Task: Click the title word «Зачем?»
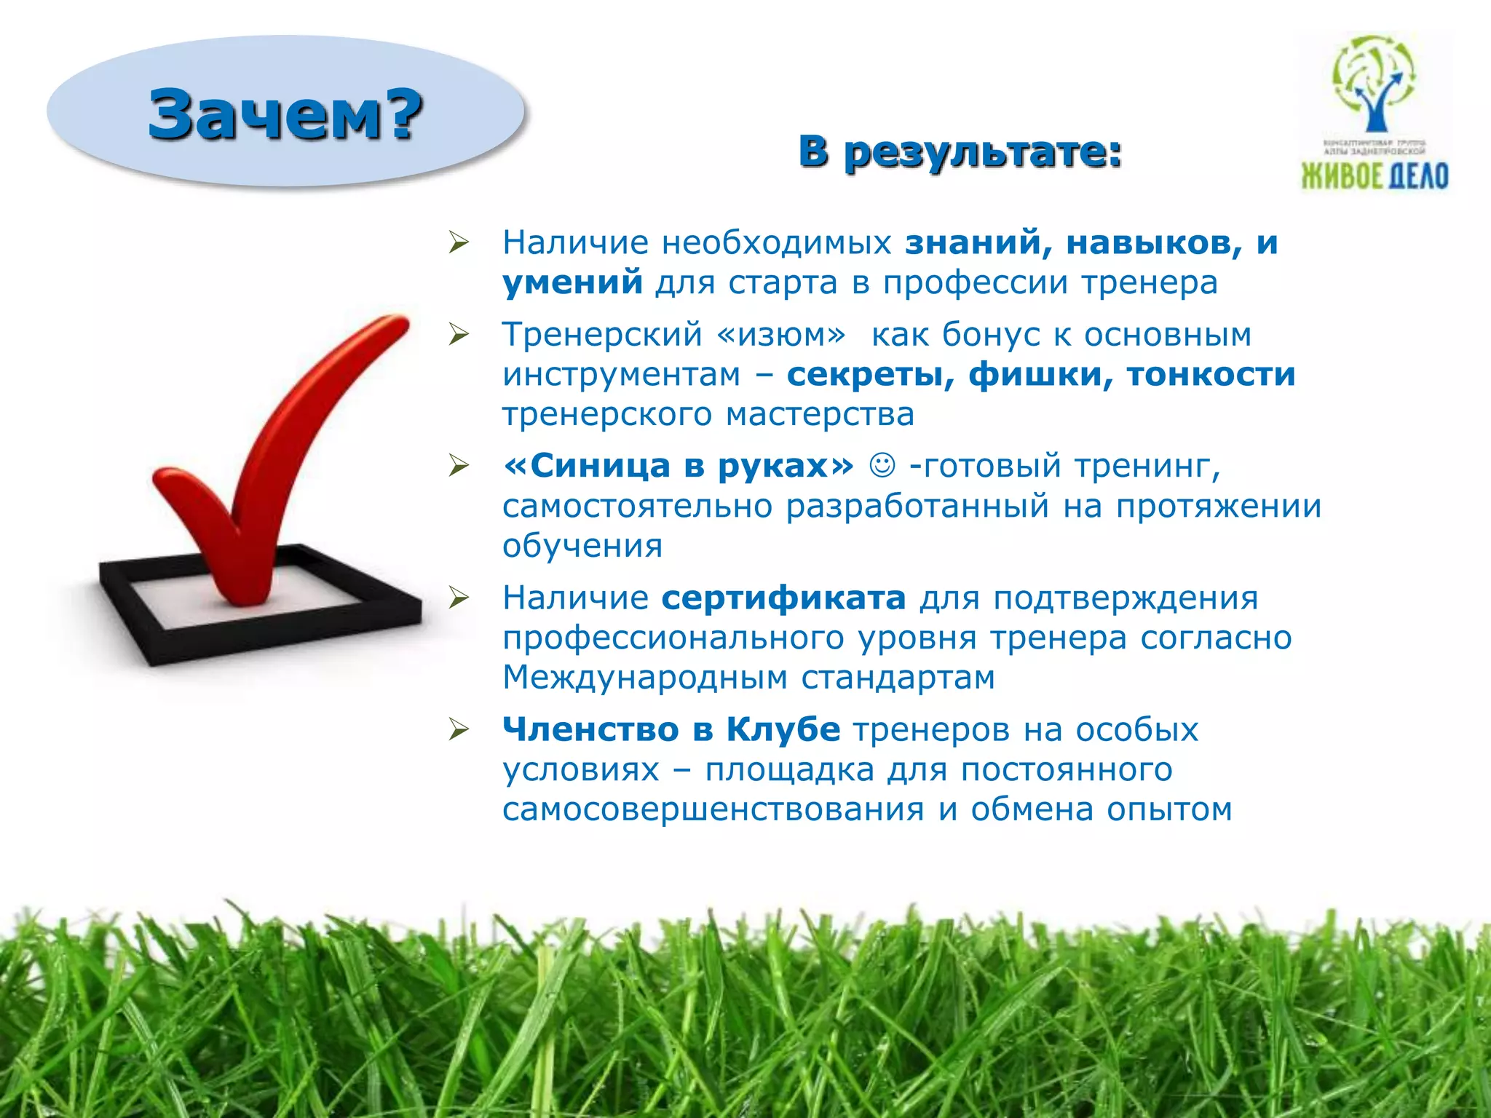(285, 114)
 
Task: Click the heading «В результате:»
(960, 152)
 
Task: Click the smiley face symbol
(882, 465)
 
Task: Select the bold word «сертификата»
(783, 598)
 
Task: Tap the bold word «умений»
(572, 282)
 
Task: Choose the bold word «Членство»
(590, 729)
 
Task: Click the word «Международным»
(645, 678)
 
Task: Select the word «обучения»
(582, 546)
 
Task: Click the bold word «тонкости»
(1211, 375)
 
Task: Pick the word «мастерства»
(820, 415)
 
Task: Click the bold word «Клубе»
(783, 729)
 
